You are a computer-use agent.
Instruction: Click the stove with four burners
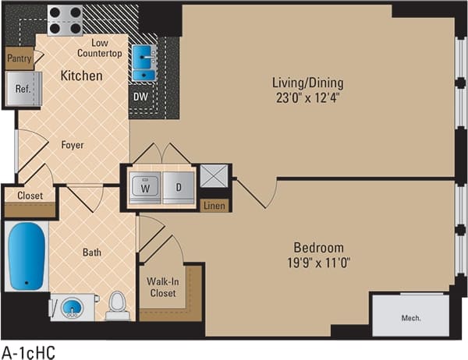(65, 20)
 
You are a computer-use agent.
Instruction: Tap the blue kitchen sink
(144, 63)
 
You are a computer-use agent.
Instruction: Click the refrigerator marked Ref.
(23, 89)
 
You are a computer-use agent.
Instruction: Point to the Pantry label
(19, 58)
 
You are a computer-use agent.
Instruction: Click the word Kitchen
(82, 76)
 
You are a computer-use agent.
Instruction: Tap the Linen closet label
(214, 206)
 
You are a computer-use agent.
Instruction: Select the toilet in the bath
(118, 305)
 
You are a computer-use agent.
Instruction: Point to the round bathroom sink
(72, 307)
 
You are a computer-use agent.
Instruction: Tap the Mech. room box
(411, 317)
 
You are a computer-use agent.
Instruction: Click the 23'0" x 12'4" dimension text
(307, 97)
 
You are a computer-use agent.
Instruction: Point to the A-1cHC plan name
(28, 351)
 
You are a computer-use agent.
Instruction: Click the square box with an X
(214, 176)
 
